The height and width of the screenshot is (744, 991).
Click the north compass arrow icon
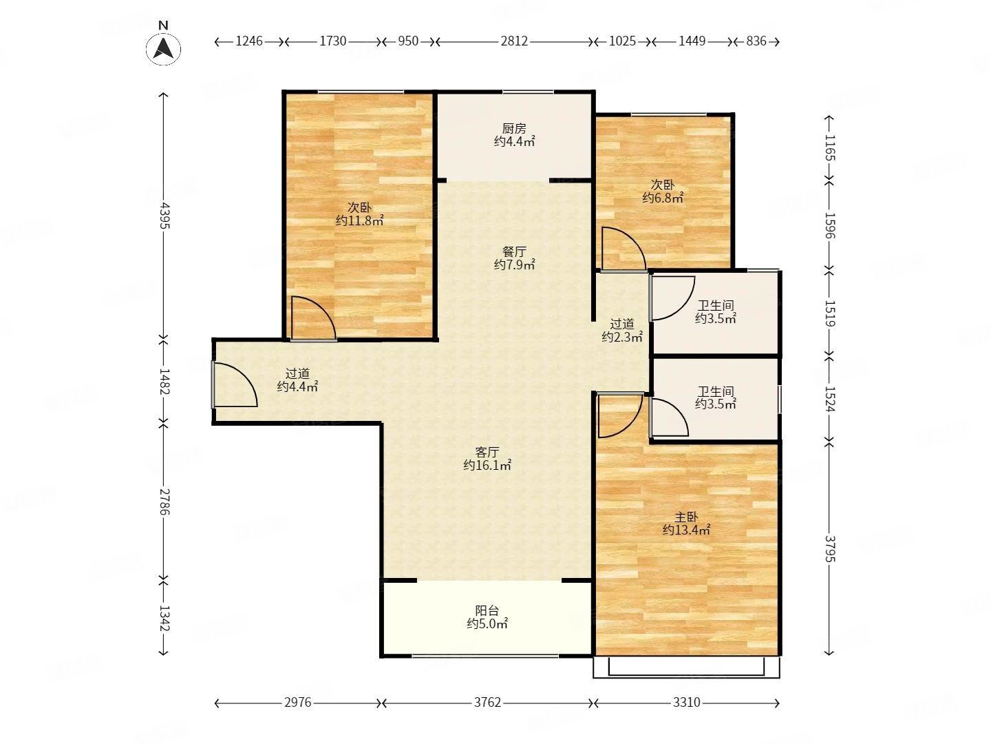[x=163, y=48]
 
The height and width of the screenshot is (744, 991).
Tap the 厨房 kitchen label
[x=514, y=129]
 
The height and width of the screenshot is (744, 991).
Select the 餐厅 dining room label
[x=514, y=251]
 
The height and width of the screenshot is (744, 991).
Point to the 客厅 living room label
[x=487, y=452]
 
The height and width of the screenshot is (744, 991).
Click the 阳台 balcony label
[x=487, y=611]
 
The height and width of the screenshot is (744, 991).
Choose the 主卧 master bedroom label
[x=686, y=517]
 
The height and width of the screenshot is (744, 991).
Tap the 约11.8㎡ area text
[x=360, y=221]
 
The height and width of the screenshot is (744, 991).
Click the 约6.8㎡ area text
[x=663, y=198]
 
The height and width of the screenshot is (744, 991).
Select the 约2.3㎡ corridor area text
[x=622, y=337]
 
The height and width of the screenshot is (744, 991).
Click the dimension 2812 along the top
[x=514, y=41]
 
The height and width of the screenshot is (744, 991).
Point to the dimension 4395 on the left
[x=164, y=215]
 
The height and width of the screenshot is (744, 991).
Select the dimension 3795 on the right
[x=830, y=549]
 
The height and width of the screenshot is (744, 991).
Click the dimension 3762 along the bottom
[x=488, y=703]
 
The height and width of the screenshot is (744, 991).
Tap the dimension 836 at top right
[x=756, y=41]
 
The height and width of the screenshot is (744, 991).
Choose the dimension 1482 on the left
[x=164, y=382]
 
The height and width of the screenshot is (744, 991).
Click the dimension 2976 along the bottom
[x=298, y=703]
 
